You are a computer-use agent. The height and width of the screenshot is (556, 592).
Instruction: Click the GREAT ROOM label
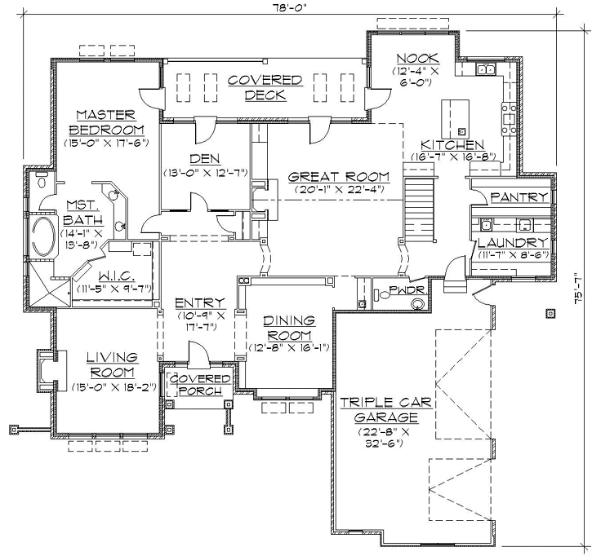338,177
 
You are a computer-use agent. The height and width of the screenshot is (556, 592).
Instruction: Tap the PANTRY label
519,197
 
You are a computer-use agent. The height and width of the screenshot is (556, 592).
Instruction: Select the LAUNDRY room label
512,243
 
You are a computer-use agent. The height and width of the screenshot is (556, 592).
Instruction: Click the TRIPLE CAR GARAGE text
386,410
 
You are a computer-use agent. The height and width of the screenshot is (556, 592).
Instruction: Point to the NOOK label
417,58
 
